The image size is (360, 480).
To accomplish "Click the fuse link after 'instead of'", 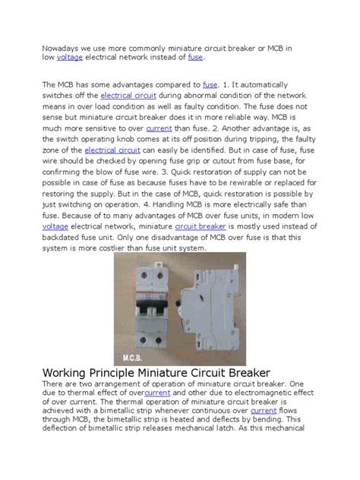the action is (195, 57).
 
